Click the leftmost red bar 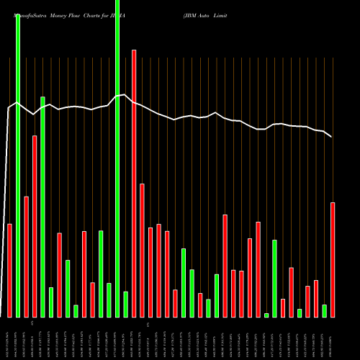[10, 270]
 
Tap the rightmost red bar [333, 259]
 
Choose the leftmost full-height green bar [18, 166]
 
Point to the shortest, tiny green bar [266, 315]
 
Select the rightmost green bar [325, 310]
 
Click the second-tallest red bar [35, 226]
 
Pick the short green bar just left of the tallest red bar [125, 304]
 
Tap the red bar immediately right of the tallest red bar [143, 250]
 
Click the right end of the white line [331, 137]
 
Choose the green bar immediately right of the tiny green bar [275, 278]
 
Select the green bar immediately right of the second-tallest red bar [42, 207]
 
